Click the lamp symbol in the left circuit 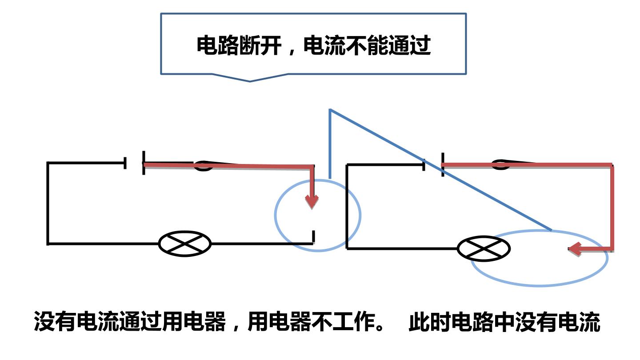[185, 244]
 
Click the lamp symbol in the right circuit [484, 248]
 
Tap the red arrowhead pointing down [312, 202]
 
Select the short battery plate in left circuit [125, 163]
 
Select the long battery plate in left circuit [144, 163]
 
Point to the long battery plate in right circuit [443, 164]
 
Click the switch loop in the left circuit [204, 166]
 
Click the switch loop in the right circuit [500, 164]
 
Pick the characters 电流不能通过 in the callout [367, 45]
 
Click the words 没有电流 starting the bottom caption [76, 322]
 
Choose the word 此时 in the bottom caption [430, 322]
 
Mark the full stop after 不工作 [380, 327]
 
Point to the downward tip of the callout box [250, 81]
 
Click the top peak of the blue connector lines [330, 109]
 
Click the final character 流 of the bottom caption [590, 322]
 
